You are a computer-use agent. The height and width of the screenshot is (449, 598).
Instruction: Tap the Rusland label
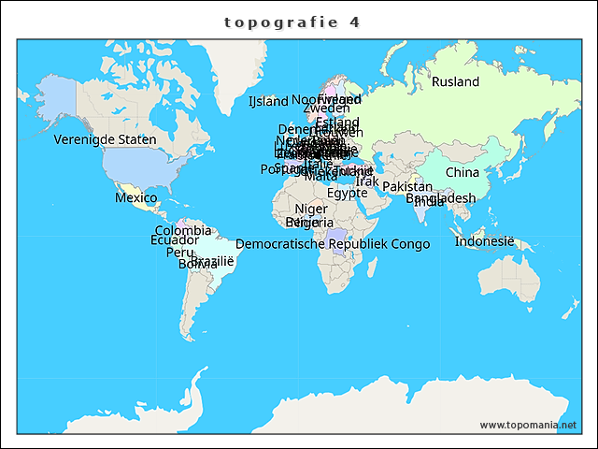pyautogui.click(x=455, y=82)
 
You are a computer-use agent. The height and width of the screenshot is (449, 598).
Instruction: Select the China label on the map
pyautogui.click(x=462, y=172)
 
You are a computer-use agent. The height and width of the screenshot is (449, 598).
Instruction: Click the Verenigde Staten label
pyautogui.click(x=105, y=139)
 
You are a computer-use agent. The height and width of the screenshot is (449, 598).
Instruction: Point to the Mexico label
pyautogui.click(x=136, y=197)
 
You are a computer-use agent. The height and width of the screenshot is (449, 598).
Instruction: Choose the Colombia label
pyautogui.click(x=183, y=230)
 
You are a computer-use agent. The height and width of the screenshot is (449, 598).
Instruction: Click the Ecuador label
pyautogui.click(x=175, y=240)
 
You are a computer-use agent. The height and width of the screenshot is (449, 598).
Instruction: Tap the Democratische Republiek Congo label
pyautogui.click(x=333, y=244)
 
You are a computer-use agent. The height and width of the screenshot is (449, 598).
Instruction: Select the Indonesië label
pyautogui.click(x=485, y=241)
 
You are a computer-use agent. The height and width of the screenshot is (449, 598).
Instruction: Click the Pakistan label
pyautogui.click(x=407, y=187)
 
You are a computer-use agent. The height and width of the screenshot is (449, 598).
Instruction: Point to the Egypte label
pyautogui.click(x=348, y=194)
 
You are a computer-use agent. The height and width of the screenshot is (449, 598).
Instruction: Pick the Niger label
pyautogui.click(x=311, y=209)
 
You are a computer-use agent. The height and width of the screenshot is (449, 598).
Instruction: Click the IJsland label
pyautogui.click(x=268, y=101)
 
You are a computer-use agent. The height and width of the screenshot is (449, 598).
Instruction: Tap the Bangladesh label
pyautogui.click(x=440, y=198)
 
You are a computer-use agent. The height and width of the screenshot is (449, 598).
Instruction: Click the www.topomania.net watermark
pyautogui.click(x=528, y=426)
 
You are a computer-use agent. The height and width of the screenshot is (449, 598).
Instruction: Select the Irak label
pyautogui.click(x=368, y=181)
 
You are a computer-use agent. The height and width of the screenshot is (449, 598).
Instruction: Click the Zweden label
pyautogui.click(x=327, y=109)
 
